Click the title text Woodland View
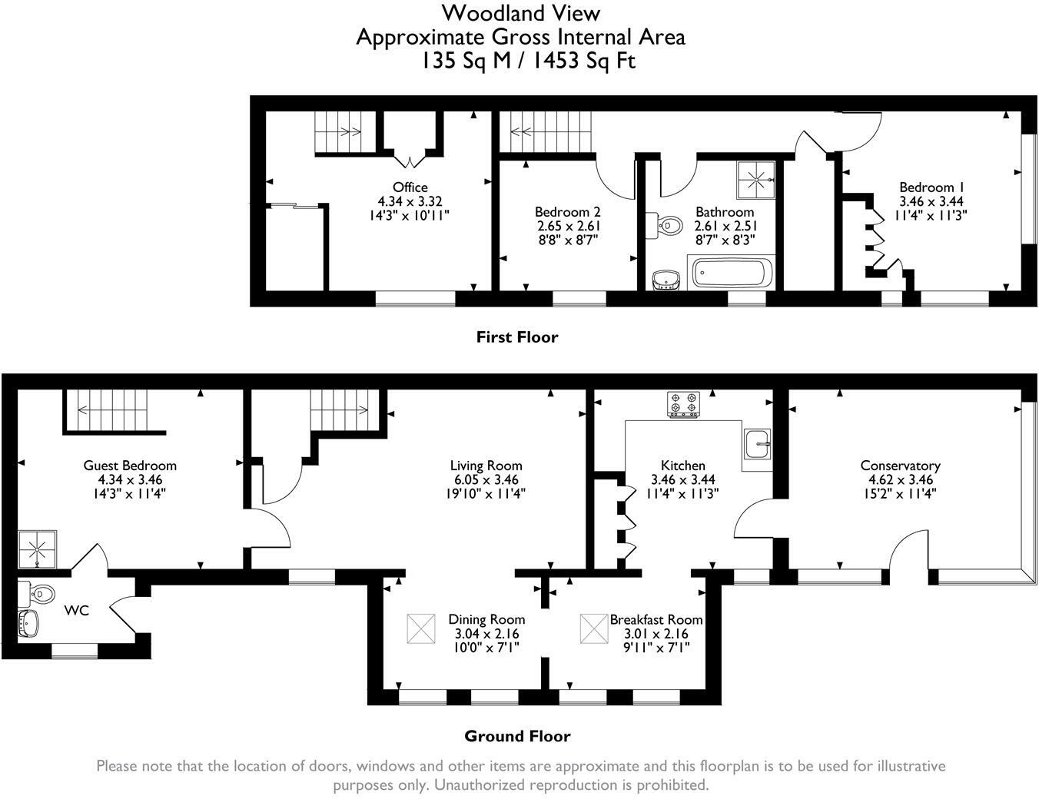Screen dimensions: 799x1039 [x=520, y=13]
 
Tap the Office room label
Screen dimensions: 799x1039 [x=410, y=187]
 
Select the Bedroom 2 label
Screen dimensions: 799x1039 [x=568, y=212]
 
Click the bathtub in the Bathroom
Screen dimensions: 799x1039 [x=731, y=274]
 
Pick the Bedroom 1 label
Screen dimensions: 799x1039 [x=931, y=187]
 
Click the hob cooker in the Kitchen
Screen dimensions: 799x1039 [x=683, y=405]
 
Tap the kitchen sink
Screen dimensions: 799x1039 [x=759, y=444]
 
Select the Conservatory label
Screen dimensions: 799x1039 [x=900, y=466]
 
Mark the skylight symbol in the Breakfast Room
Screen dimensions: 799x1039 [x=593, y=628]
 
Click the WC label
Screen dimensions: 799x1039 [x=76, y=611]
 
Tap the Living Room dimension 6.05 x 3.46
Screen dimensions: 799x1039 [x=486, y=480]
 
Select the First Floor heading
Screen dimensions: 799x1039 [x=517, y=337]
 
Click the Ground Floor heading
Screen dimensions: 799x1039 [x=517, y=736]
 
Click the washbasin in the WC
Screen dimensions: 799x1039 [x=29, y=623]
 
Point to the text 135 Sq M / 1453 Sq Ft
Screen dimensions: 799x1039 [x=527, y=61]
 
